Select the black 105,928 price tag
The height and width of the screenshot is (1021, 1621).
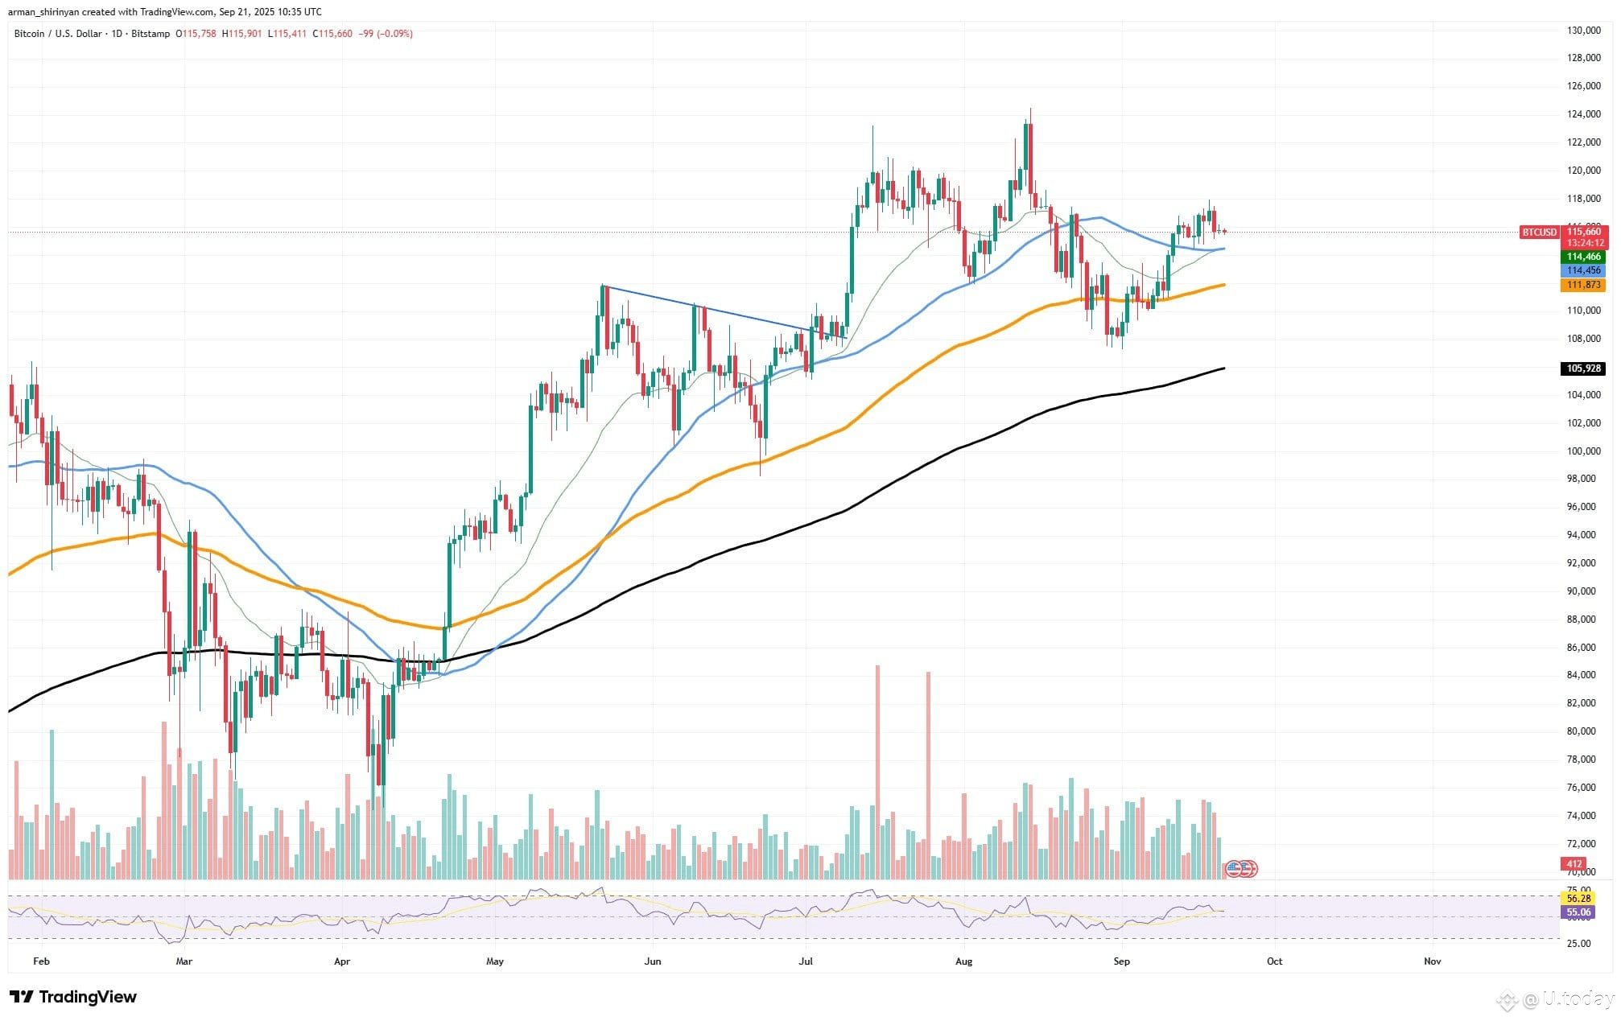pyautogui.click(x=1583, y=368)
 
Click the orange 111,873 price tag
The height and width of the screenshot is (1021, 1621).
pyautogui.click(x=1583, y=285)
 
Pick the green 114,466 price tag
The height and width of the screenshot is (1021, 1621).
pyautogui.click(x=1583, y=257)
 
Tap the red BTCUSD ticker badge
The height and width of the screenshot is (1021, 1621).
pyautogui.click(x=1539, y=233)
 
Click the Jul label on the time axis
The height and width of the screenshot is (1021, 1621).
pyautogui.click(x=806, y=961)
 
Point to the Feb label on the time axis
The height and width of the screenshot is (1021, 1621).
pyautogui.click(x=41, y=961)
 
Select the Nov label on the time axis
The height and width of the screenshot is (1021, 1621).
pyautogui.click(x=1432, y=961)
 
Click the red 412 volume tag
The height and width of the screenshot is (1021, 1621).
pyautogui.click(x=1573, y=864)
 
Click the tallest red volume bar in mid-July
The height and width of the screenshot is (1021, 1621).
pyautogui.click(x=877, y=772)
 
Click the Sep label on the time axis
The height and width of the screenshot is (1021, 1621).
pyautogui.click(x=1121, y=961)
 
